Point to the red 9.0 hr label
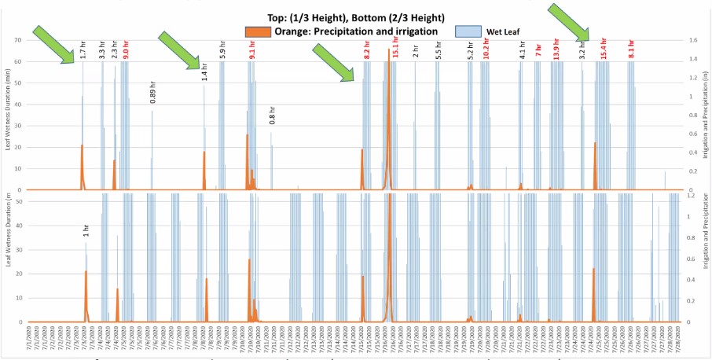(x=126, y=51)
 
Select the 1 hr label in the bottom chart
(x=86, y=230)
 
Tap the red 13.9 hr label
(x=556, y=50)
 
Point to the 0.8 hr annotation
(x=272, y=115)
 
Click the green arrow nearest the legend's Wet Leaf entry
(x=567, y=22)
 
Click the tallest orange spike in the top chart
(x=388, y=55)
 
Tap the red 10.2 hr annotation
(x=486, y=50)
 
